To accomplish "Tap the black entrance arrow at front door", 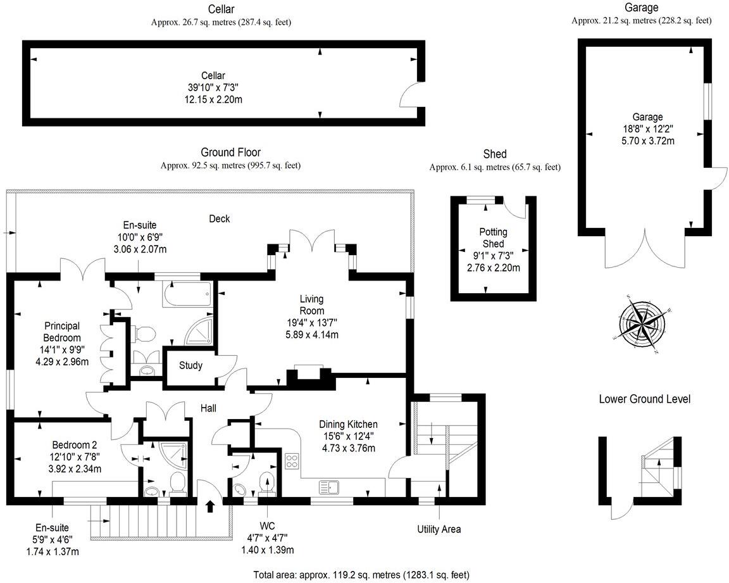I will tap(209, 505).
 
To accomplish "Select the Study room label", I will tap(190, 365).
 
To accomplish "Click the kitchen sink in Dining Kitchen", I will tap(329, 487).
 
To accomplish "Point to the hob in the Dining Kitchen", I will tap(292, 461).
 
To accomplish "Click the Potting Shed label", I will tap(493, 238).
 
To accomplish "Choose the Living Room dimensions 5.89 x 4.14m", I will tap(311, 334).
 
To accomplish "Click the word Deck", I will tap(220, 219).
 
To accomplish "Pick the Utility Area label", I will tap(439, 529).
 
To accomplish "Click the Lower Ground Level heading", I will tap(644, 399).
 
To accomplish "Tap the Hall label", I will tap(208, 408).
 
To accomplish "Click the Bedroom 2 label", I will tap(75, 444).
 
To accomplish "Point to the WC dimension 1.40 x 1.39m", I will tap(266, 550).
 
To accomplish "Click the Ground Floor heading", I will tap(230, 152).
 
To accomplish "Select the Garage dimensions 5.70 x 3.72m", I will tap(647, 141).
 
